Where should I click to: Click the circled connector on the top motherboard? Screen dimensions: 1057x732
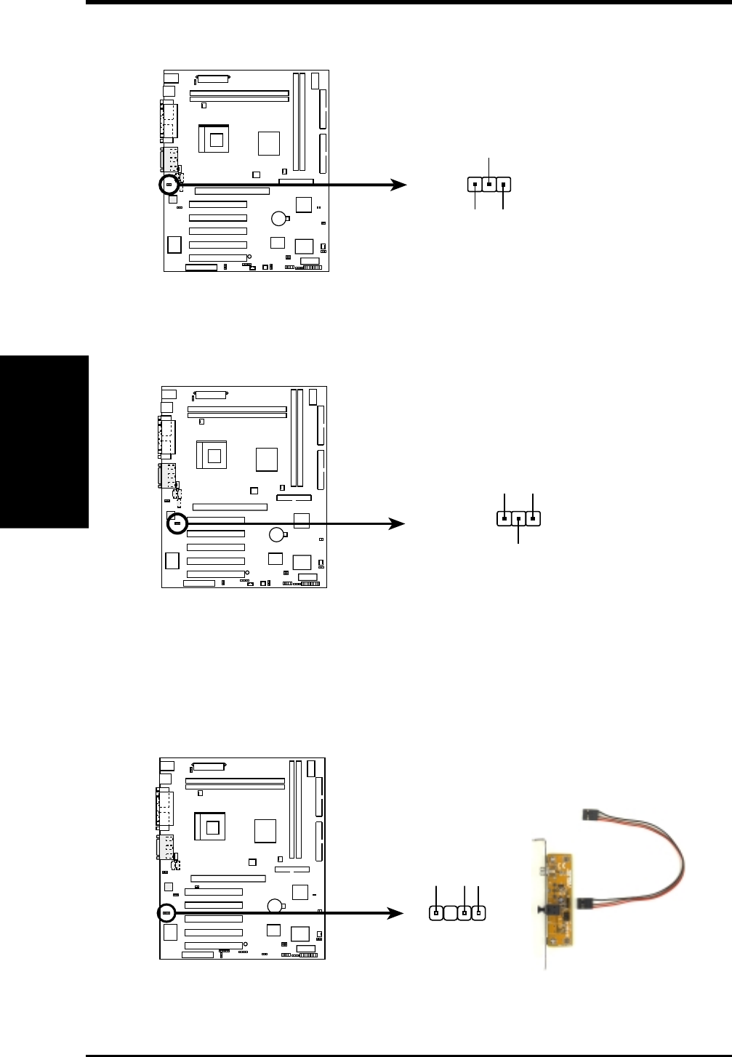[x=169, y=185]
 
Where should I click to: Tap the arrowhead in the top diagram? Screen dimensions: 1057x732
[x=399, y=185]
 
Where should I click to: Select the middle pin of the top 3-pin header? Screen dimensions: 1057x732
[x=489, y=185]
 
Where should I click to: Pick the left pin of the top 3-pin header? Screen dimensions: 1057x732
[x=475, y=185]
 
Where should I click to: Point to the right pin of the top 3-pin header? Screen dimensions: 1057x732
[x=503, y=185]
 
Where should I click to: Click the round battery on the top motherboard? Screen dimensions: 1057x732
[x=278, y=218]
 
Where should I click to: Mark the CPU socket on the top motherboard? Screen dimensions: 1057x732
[x=214, y=139]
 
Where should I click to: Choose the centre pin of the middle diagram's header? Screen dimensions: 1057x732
[x=518, y=519]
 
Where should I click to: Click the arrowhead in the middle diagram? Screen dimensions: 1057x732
[x=397, y=523]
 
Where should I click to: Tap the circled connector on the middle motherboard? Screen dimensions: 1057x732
[x=177, y=523]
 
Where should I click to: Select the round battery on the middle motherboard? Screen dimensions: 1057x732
[x=276, y=534]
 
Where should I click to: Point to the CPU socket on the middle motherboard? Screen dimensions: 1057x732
[x=212, y=455]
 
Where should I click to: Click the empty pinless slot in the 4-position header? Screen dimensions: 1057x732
[x=450, y=914]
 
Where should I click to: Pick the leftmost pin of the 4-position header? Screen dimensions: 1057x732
[x=436, y=914]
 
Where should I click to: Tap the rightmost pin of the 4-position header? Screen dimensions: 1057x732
[x=478, y=914]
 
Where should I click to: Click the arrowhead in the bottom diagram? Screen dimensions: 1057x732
[x=395, y=913]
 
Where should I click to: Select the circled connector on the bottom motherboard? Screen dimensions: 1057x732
[x=166, y=913]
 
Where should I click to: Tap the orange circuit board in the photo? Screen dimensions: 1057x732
[x=559, y=900]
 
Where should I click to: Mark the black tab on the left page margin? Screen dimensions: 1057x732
[x=44, y=442]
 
